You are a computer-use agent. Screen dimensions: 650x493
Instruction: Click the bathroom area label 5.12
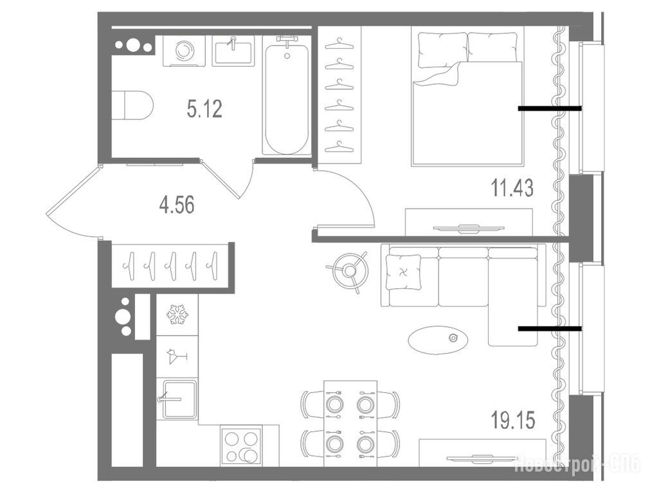[205, 109]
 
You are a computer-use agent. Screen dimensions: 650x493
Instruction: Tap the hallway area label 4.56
[177, 205]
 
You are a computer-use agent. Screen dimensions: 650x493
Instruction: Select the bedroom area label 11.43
[512, 188]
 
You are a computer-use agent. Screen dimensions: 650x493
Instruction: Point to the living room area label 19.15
[513, 420]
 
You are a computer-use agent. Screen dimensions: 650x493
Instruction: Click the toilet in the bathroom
[132, 105]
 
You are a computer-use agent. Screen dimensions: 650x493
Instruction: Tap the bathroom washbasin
[233, 51]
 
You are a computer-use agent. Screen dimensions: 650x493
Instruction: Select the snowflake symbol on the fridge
[177, 315]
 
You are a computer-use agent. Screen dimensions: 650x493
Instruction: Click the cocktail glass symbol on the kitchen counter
[176, 356]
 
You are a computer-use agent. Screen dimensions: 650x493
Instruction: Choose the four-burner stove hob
[241, 446]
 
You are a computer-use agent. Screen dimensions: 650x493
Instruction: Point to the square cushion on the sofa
[404, 273]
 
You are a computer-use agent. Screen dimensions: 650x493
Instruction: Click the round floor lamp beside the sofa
[350, 271]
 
